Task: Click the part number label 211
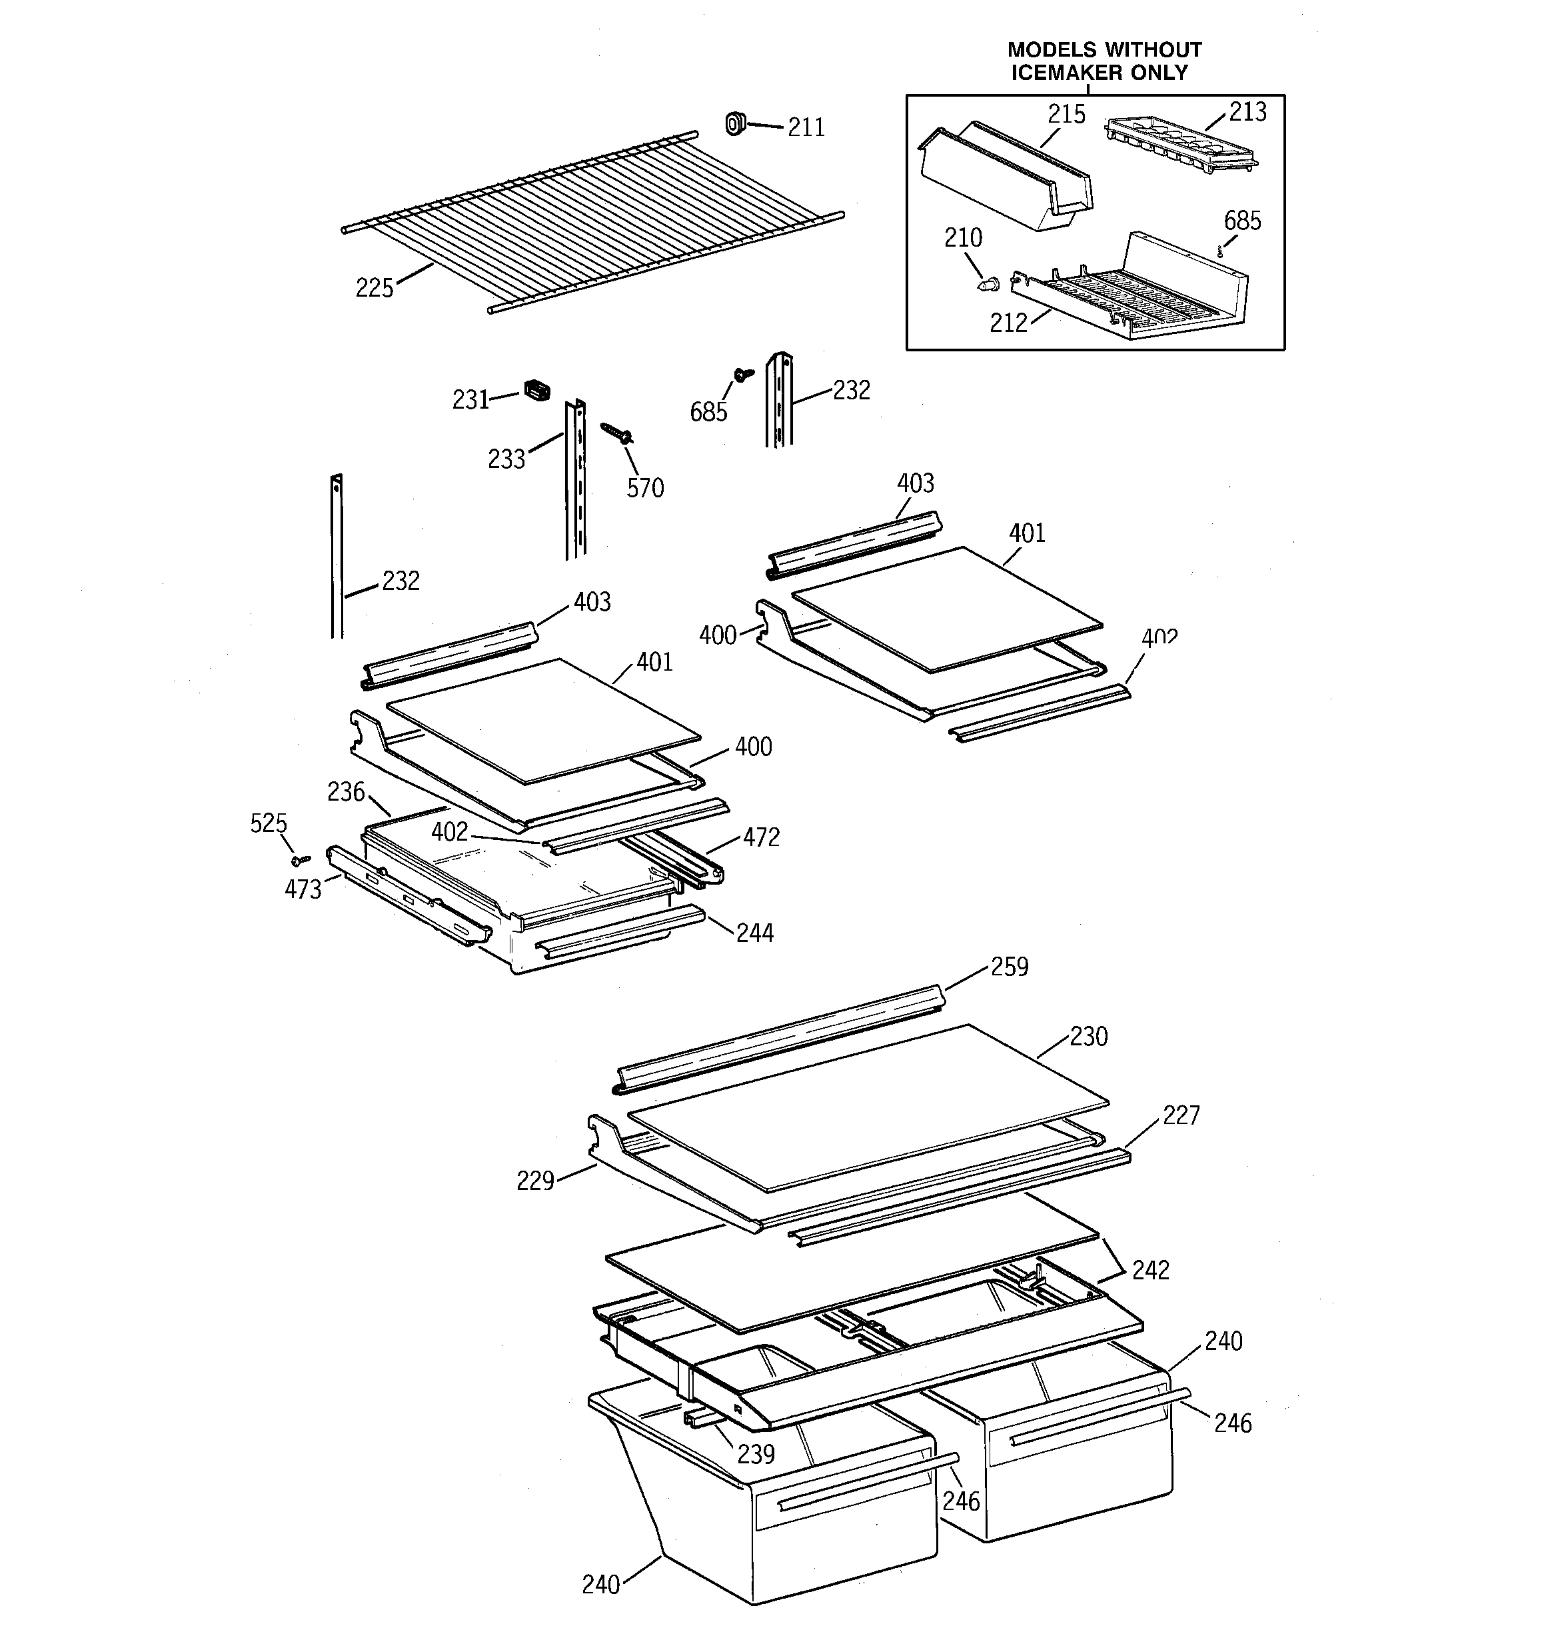coord(806,128)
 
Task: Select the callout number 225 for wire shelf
coord(375,288)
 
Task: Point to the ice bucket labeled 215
coord(1004,179)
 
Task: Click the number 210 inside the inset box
coord(963,238)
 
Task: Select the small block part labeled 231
coord(537,390)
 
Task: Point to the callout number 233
coord(506,459)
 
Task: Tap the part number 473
coord(303,890)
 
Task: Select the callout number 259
coord(1009,967)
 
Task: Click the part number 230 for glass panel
coord(1089,1037)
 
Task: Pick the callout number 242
coord(1150,1270)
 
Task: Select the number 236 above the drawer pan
coord(346,793)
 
